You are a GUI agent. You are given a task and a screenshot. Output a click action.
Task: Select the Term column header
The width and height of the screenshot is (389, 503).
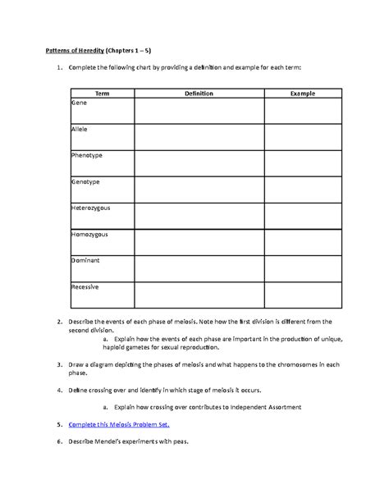102,94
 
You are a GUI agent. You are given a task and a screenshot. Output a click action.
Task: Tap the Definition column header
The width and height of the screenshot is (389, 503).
199,94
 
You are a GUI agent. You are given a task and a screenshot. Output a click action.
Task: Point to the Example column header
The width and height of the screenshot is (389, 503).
303,94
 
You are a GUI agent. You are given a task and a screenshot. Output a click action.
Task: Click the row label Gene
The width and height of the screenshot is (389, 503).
80,103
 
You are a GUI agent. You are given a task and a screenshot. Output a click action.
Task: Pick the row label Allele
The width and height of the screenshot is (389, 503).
81,130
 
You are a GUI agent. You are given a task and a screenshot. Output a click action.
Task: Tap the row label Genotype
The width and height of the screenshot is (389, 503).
86,182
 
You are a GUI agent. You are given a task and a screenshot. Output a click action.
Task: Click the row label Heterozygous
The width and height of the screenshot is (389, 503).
91,208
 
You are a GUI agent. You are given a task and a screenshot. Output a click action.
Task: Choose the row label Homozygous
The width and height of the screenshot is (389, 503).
90,235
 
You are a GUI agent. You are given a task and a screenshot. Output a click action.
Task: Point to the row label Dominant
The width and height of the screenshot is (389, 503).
86,261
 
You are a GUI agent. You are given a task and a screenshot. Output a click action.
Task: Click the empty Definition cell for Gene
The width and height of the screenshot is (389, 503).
199,112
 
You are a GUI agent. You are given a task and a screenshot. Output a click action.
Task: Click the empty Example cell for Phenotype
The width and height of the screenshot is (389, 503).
303,165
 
